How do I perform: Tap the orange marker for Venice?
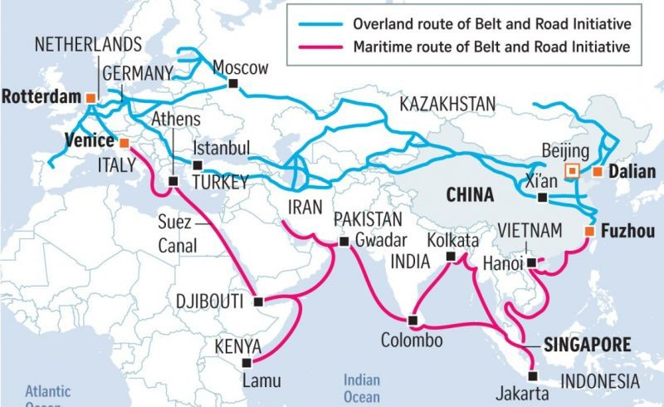(x=124, y=142)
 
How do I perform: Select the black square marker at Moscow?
(x=234, y=84)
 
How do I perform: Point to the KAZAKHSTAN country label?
(x=447, y=104)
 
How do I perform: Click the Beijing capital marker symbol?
(x=571, y=171)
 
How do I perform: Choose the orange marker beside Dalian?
(x=597, y=172)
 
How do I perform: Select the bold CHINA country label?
(x=471, y=196)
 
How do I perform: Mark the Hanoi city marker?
(x=529, y=263)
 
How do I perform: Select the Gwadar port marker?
(x=343, y=242)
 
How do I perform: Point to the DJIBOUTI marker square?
(x=258, y=302)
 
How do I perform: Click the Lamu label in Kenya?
(x=261, y=381)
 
